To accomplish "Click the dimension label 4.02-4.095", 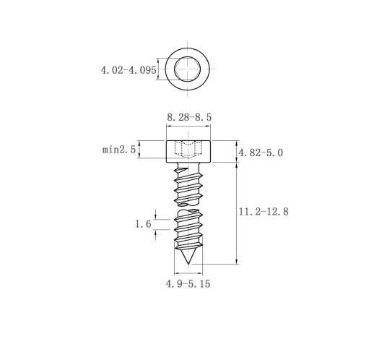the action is (129, 70).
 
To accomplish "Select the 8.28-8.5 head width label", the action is (189, 117).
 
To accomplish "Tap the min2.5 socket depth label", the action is (119, 150).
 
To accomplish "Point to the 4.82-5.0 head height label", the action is (261, 153).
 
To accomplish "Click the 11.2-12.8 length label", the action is (264, 212).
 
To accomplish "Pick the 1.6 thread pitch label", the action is (143, 224).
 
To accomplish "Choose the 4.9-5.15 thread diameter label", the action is (188, 283).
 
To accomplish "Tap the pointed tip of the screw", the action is (188, 264).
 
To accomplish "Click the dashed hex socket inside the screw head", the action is (188, 150).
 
